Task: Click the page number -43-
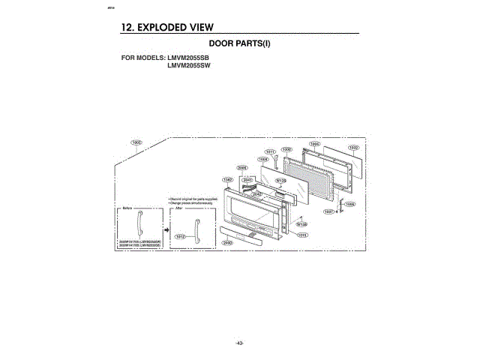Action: tap(239, 343)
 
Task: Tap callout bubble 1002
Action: tap(353, 148)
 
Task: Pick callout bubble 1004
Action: tap(316, 143)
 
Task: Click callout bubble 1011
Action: tap(271, 152)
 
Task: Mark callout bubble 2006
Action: tap(242, 167)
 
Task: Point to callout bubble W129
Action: tap(282, 181)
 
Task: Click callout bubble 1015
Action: tap(303, 235)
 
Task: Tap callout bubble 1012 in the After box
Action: tap(180, 235)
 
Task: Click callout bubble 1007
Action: tap(328, 211)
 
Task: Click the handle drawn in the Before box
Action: tap(139, 223)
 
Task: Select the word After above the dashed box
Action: tap(179, 206)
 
